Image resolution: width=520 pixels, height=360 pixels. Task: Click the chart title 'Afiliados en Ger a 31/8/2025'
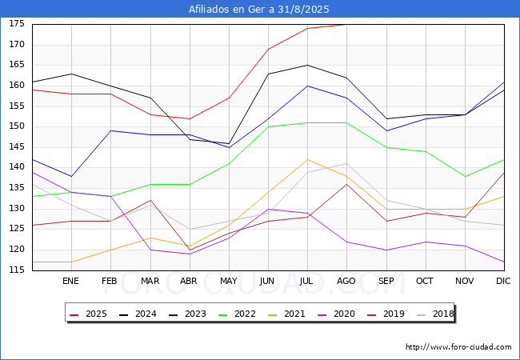click(259, 9)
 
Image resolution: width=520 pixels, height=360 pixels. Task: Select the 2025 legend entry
click(88, 314)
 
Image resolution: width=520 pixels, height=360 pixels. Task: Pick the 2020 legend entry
click(336, 314)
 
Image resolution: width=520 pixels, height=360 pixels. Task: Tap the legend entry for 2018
click(435, 314)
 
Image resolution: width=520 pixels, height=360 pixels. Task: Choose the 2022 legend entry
click(237, 314)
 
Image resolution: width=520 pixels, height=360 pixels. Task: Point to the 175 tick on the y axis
click(17, 24)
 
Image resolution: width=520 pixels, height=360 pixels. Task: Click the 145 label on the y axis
click(17, 147)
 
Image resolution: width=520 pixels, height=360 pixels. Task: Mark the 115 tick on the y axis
click(17, 270)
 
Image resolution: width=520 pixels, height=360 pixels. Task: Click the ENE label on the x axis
click(70, 281)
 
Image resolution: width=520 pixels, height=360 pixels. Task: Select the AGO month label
click(346, 281)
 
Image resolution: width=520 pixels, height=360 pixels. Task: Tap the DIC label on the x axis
click(503, 281)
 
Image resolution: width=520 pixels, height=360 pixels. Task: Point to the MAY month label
click(229, 281)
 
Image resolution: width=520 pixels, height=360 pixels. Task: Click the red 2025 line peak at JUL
click(308, 29)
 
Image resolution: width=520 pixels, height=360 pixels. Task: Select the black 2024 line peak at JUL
click(308, 66)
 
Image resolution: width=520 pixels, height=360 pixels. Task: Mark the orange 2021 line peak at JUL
click(308, 160)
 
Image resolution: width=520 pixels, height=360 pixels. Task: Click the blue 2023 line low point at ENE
click(71, 176)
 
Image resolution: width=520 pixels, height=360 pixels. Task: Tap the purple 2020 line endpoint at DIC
click(505, 262)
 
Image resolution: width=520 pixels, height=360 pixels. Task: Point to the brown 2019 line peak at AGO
click(347, 184)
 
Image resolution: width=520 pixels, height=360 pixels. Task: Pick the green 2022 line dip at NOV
click(466, 176)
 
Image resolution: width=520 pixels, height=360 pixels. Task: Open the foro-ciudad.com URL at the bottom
click(458, 347)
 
